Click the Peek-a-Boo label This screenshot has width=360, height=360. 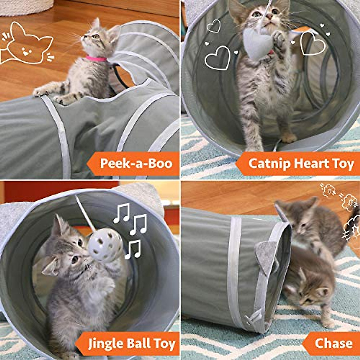tap(136, 163)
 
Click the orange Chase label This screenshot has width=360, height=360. tap(333, 343)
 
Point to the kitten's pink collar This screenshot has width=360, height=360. tap(96, 58)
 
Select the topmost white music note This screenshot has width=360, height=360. tap(121, 213)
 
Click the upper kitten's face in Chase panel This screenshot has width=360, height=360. tap(303, 223)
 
